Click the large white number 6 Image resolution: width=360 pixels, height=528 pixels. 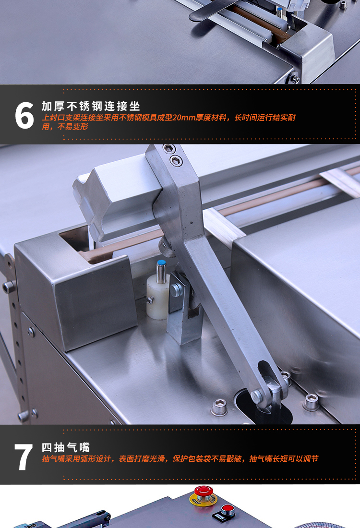click(x=24, y=115)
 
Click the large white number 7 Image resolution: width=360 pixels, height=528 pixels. click(x=24, y=457)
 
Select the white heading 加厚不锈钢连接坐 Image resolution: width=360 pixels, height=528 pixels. click(x=91, y=106)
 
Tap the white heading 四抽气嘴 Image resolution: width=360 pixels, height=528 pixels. click(x=66, y=447)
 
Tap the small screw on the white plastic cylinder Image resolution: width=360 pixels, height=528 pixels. click(x=150, y=300)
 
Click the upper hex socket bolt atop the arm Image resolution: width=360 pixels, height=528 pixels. click(x=168, y=148)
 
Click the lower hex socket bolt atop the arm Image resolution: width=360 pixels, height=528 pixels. click(x=177, y=160)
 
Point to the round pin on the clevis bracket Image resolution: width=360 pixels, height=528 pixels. click(x=175, y=289)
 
